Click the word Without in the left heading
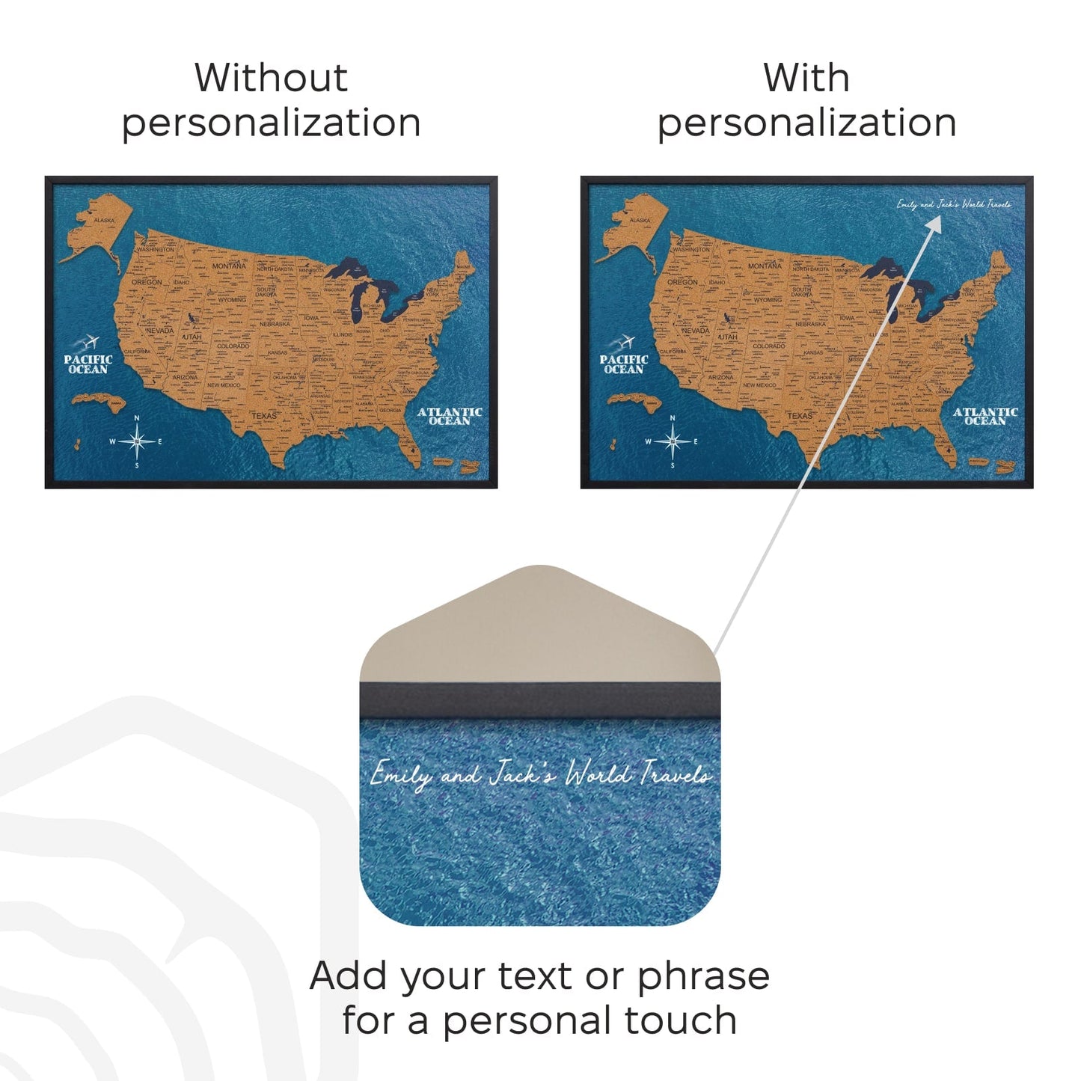[x=271, y=78]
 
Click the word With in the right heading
[x=806, y=78]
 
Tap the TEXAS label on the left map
[x=264, y=415]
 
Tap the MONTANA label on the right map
[x=765, y=266]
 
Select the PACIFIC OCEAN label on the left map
[x=88, y=364]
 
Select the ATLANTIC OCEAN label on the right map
[x=985, y=416]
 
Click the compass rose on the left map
[x=137, y=441]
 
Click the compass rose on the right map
[x=673, y=441]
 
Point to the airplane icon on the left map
[x=91, y=343]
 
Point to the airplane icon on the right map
[x=626, y=343]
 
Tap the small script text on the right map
[x=954, y=204]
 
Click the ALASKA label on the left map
[x=105, y=221]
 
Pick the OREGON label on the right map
[x=682, y=282]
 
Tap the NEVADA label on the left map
[x=160, y=330]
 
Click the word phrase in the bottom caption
[x=703, y=977]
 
